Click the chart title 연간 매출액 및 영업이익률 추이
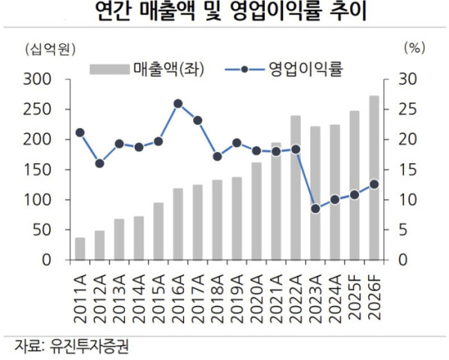click(x=224, y=13)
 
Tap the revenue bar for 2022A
click(x=296, y=188)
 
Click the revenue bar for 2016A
click(x=177, y=225)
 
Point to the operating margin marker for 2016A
click(x=177, y=104)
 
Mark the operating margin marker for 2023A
click(x=315, y=209)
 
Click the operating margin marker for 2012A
click(x=100, y=163)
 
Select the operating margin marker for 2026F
click(x=373, y=184)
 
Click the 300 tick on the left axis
click(x=37, y=79)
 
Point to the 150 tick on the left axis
click(x=37, y=170)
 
